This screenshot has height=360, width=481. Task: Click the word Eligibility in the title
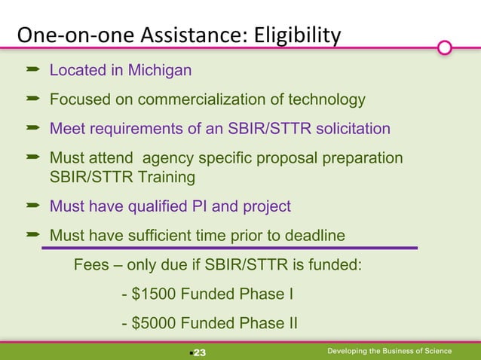[x=299, y=35]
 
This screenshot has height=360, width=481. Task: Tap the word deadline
[x=310, y=236]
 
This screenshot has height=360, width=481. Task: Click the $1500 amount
[x=154, y=294]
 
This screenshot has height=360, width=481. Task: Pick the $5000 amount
[x=154, y=324]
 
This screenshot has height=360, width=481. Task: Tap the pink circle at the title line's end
[x=445, y=48]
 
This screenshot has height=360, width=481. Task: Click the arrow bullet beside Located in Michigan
[x=32, y=71]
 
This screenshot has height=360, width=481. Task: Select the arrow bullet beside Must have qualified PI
[x=32, y=206]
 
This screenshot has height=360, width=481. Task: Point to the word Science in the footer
[x=435, y=351]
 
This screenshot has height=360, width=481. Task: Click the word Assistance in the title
[x=154, y=35]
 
